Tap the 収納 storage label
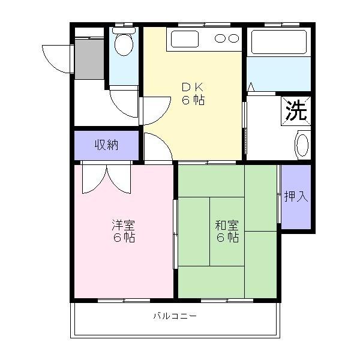106,145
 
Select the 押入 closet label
296,196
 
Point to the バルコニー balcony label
175,315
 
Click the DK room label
193,86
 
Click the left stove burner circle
220,38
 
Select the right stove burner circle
233,38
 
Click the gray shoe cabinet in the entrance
89,59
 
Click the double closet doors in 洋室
106,178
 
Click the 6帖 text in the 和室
227,238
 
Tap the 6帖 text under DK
193,100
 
